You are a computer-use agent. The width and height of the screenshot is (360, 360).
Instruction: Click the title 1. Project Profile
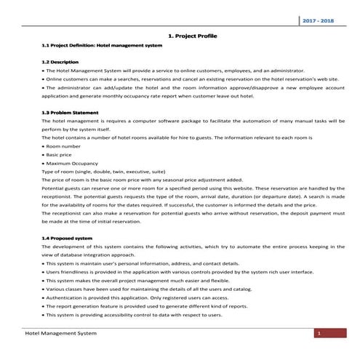(x=188, y=34)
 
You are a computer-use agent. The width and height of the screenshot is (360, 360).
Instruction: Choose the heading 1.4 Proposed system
(x=68, y=238)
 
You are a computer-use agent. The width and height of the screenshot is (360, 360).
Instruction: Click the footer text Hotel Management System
(x=60, y=333)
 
